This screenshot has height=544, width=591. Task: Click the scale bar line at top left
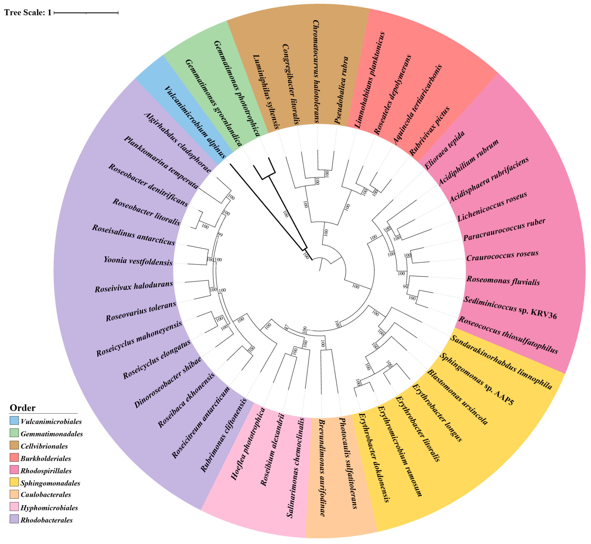point(86,13)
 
